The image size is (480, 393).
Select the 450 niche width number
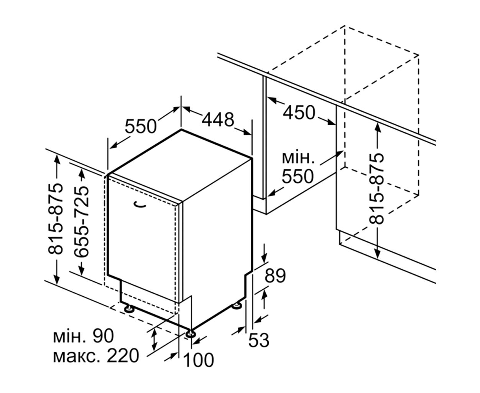coord(299,112)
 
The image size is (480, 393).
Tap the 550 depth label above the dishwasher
coord(141,126)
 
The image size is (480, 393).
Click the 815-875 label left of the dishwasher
coord(55,219)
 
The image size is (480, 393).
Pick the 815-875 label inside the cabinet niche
coord(376,189)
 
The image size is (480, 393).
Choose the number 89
coord(275,276)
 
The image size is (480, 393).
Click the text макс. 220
coord(96,356)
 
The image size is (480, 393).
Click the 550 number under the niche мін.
coord(298,176)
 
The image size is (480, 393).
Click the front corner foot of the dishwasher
coord(191,334)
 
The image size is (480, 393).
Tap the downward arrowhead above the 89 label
coord(264,258)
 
